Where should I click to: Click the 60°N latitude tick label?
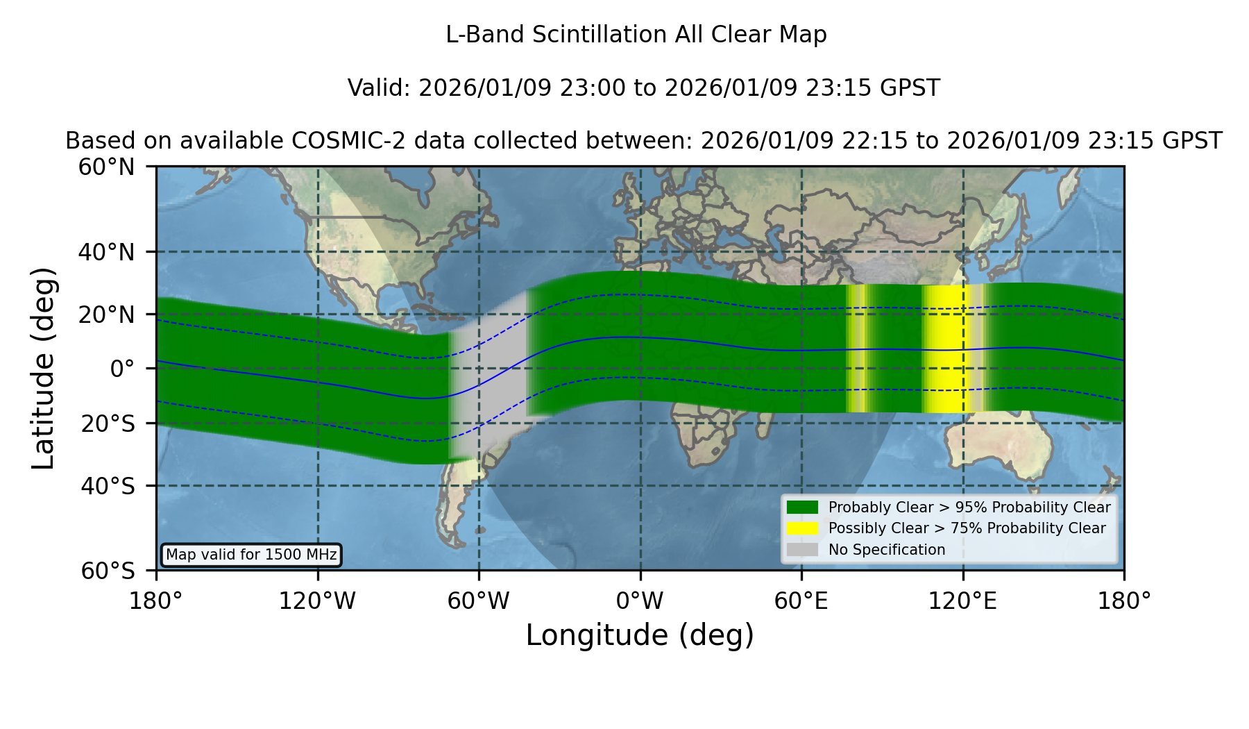pyautogui.click(x=106, y=167)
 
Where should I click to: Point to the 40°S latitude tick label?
pyautogui.click(x=108, y=486)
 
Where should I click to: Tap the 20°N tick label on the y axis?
pyautogui.click(x=106, y=315)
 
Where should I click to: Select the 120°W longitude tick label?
pyautogui.click(x=317, y=601)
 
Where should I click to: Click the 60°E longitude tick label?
pyautogui.click(x=801, y=601)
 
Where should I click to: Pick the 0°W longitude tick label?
pyautogui.click(x=640, y=601)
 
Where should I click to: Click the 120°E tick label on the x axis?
pyautogui.click(x=962, y=601)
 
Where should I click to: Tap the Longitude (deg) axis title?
pyautogui.click(x=640, y=635)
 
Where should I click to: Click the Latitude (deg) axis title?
pyautogui.click(x=43, y=368)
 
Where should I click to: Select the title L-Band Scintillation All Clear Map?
pyautogui.click(x=636, y=35)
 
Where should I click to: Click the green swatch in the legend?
pyautogui.click(x=803, y=508)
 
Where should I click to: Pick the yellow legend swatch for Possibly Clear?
pyautogui.click(x=803, y=528)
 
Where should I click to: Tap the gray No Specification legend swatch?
pyautogui.click(x=803, y=550)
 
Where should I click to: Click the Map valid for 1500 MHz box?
pyautogui.click(x=251, y=555)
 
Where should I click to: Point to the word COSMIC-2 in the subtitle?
pyautogui.click(x=337, y=141)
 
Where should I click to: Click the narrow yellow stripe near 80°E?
pyautogui.click(x=858, y=349)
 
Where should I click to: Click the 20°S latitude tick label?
pyautogui.click(x=108, y=424)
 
